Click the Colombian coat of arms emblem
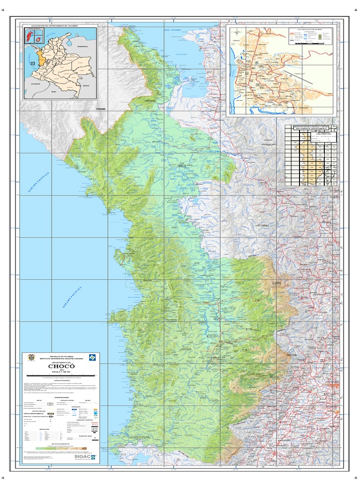[x=32, y=357]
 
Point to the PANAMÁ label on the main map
[x=101, y=109]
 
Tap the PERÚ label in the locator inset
[x=53, y=92]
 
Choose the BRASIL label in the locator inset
[x=85, y=86]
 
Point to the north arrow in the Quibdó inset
[x=238, y=33]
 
